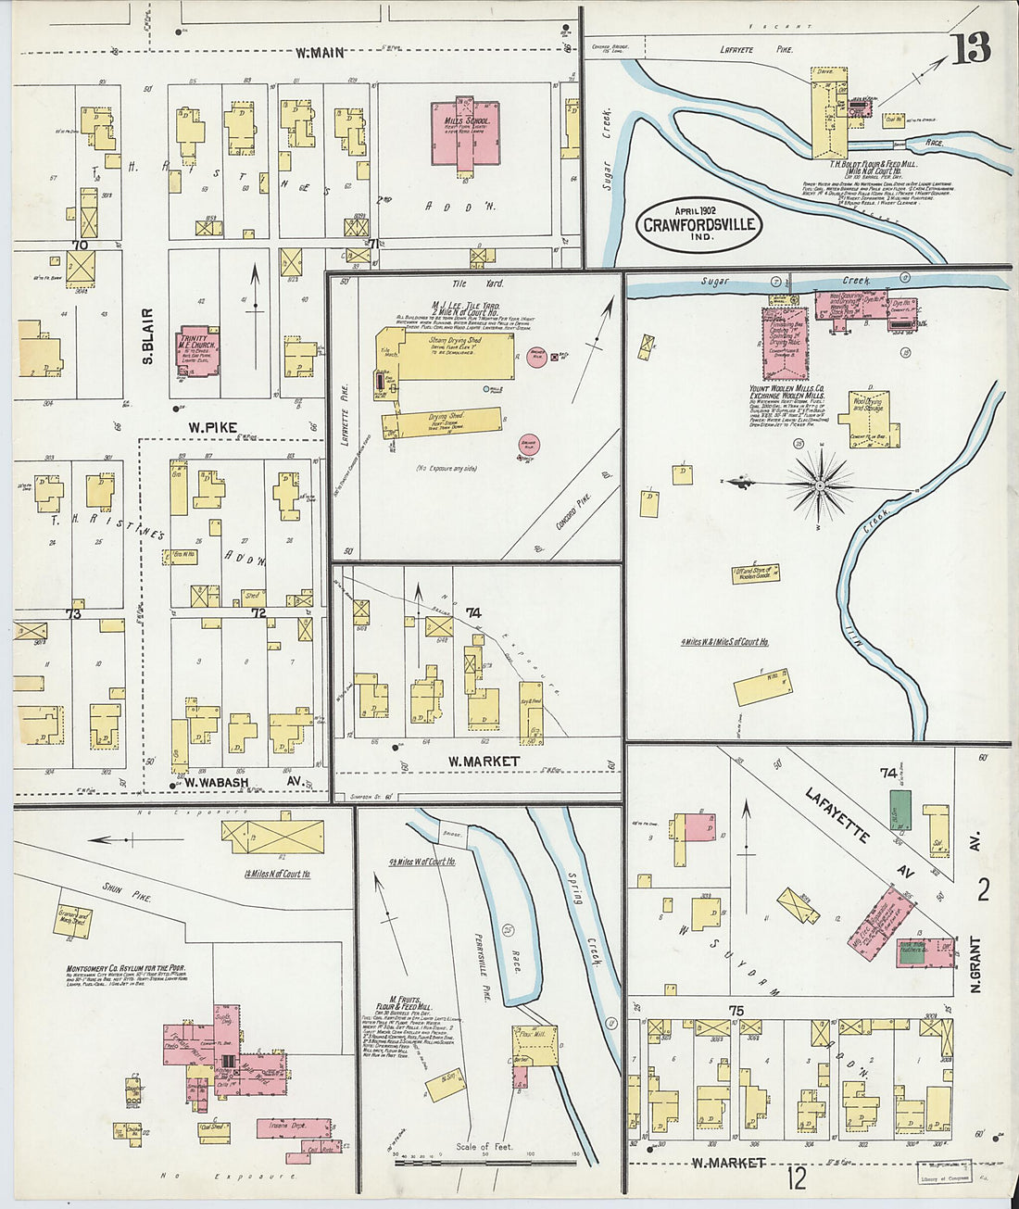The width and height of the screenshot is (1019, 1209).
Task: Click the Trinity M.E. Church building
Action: click(x=198, y=351)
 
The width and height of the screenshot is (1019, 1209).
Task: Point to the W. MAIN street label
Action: click(x=321, y=53)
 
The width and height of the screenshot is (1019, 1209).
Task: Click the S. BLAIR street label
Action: click(x=148, y=335)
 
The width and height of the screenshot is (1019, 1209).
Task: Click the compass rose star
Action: click(x=819, y=483)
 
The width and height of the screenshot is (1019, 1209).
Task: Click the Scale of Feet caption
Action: click(x=485, y=1147)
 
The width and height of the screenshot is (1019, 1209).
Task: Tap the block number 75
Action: click(x=736, y=1011)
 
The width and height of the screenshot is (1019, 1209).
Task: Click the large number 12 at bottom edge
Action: click(x=797, y=1178)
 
